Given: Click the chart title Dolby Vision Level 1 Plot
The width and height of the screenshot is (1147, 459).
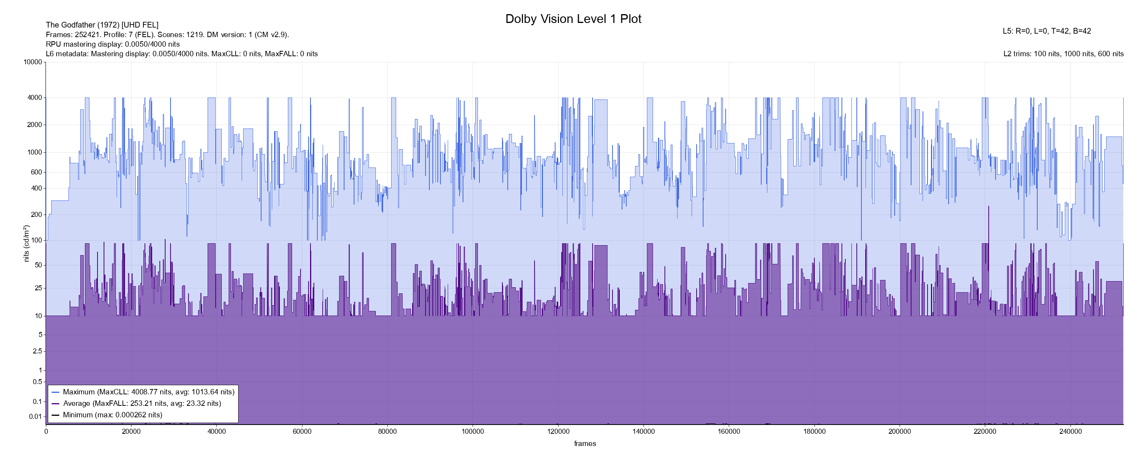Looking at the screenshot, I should pyautogui.click(x=573, y=19).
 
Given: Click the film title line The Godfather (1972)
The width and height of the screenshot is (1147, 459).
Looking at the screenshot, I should pyautogui.click(x=102, y=25).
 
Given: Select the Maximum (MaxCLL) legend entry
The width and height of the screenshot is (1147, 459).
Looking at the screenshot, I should pyautogui.click(x=148, y=392).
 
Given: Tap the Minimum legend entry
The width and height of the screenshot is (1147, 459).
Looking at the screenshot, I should pyautogui.click(x=112, y=415).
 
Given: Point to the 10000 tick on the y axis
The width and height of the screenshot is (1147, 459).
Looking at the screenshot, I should pyautogui.click(x=33, y=62).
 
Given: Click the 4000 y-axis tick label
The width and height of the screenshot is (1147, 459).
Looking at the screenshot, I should pyautogui.click(x=35, y=98).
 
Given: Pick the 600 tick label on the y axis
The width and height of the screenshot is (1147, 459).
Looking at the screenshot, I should pyautogui.click(x=36, y=172).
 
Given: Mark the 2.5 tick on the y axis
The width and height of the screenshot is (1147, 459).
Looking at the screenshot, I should pyautogui.click(x=37, y=351).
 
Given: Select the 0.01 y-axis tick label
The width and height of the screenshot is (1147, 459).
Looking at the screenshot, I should pyautogui.click(x=36, y=417).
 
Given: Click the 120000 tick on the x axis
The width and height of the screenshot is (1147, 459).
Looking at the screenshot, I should pyautogui.click(x=558, y=432).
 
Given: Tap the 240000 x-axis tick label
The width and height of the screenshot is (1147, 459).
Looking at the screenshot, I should pyautogui.click(x=1071, y=432).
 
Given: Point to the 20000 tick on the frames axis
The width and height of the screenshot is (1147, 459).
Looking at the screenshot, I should pyautogui.click(x=132, y=432).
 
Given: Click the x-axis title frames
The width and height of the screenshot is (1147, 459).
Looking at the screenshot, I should pyautogui.click(x=585, y=443).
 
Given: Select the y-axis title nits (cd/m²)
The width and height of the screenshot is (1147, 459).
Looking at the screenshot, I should pyautogui.click(x=26, y=243).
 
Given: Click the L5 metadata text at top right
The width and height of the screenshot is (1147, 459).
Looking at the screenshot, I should pyautogui.click(x=1047, y=31).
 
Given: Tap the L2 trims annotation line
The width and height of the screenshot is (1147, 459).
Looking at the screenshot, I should pyautogui.click(x=1063, y=54).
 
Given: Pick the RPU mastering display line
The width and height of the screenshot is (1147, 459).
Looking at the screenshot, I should pyautogui.click(x=113, y=44).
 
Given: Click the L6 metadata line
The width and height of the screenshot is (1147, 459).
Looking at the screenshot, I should pyautogui.click(x=182, y=54).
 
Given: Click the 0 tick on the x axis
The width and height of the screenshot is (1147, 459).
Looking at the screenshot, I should pyautogui.click(x=46, y=432).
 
